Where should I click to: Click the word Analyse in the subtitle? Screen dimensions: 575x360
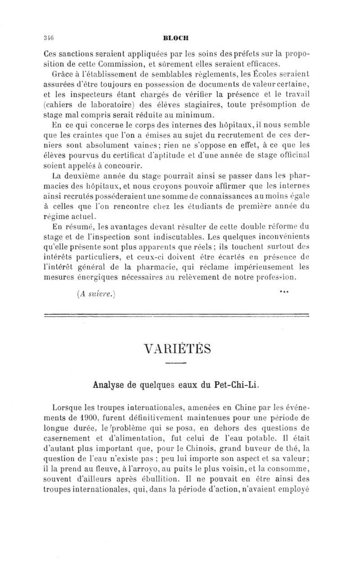[x=110, y=384]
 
